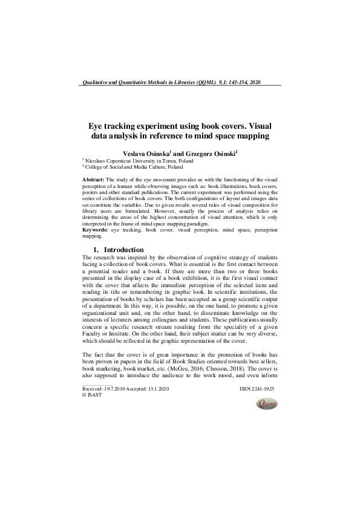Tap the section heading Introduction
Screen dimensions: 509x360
pos(124,250)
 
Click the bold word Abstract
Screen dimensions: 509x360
pos(93,180)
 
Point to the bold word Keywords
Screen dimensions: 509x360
pos(96,230)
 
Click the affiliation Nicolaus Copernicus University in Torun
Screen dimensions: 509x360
pos(125,161)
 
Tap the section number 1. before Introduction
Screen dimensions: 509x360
pos(96,250)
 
